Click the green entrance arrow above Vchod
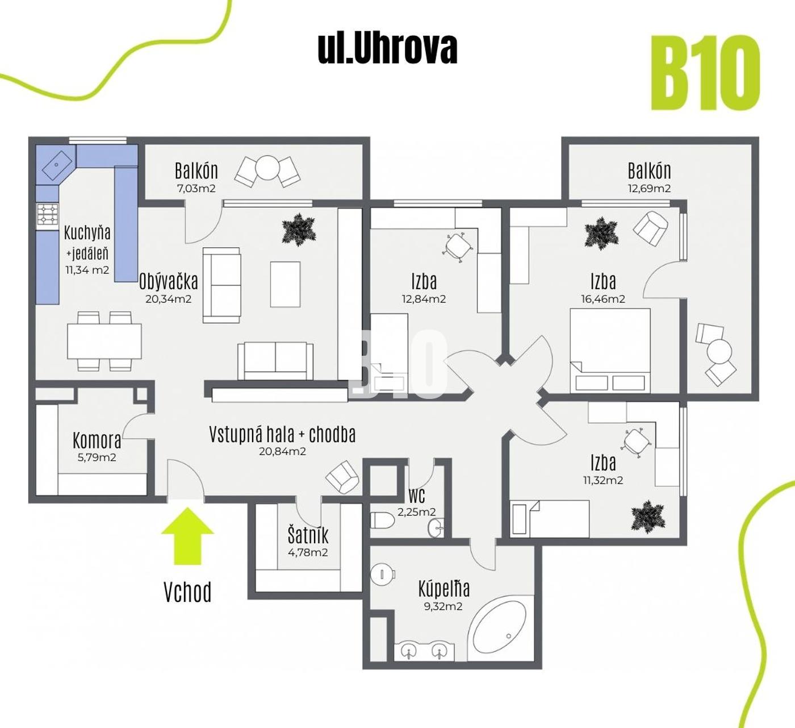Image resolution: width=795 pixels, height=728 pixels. [x=187, y=535]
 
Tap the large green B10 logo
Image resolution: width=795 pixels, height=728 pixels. [x=705, y=73]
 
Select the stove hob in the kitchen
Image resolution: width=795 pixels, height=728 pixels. [x=48, y=215]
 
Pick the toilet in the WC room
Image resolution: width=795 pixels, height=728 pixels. [x=382, y=520]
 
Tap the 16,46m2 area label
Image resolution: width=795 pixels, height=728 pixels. [x=603, y=299]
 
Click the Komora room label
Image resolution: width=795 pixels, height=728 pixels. [x=97, y=440]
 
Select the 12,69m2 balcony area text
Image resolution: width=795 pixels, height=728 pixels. [x=649, y=188]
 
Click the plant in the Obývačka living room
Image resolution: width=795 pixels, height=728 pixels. [x=299, y=230]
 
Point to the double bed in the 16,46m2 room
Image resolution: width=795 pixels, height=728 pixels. [x=610, y=351]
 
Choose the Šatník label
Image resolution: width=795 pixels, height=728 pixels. [x=308, y=535]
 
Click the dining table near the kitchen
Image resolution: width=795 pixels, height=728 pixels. [x=104, y=341]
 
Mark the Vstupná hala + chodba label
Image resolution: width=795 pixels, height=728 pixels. [x=282, y=434]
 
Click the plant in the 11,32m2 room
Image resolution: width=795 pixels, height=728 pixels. [x=648, y=517]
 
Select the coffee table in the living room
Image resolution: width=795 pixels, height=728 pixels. [x=285, y=284]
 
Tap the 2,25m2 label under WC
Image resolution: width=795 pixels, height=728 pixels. [x=416, y=512]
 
